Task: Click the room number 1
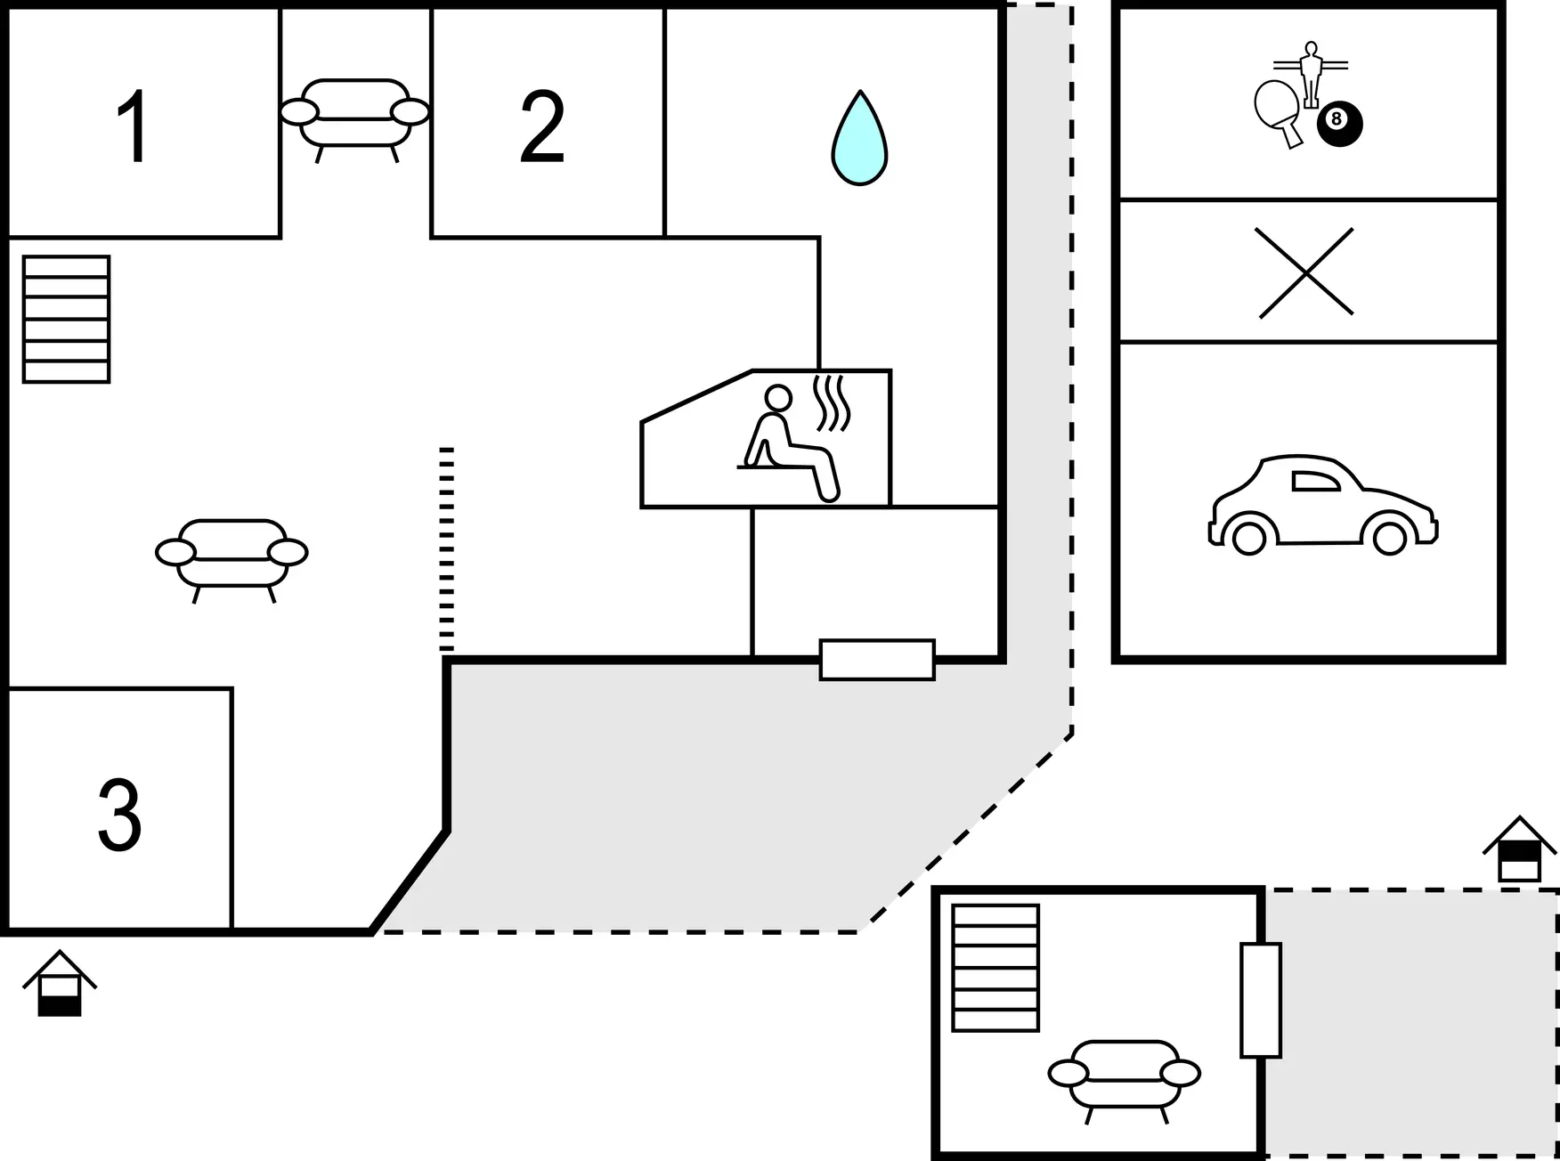click(134, 126)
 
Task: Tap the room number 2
click(542, 126)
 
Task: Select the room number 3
click(119, 815)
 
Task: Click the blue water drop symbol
click(859, 138)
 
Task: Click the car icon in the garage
click(1323, 505)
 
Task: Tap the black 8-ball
click(1340, 124)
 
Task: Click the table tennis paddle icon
click(1280, 114)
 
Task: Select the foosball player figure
click(1311, 75)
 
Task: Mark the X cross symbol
click(1305, 272)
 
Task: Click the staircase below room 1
click(67, 320)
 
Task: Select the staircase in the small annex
click(995, 968)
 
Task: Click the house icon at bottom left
click(60, 983)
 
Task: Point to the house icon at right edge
click(1519, 848)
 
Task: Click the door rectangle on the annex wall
click(1261, 1000)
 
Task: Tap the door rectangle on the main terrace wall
click(877, 660)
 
